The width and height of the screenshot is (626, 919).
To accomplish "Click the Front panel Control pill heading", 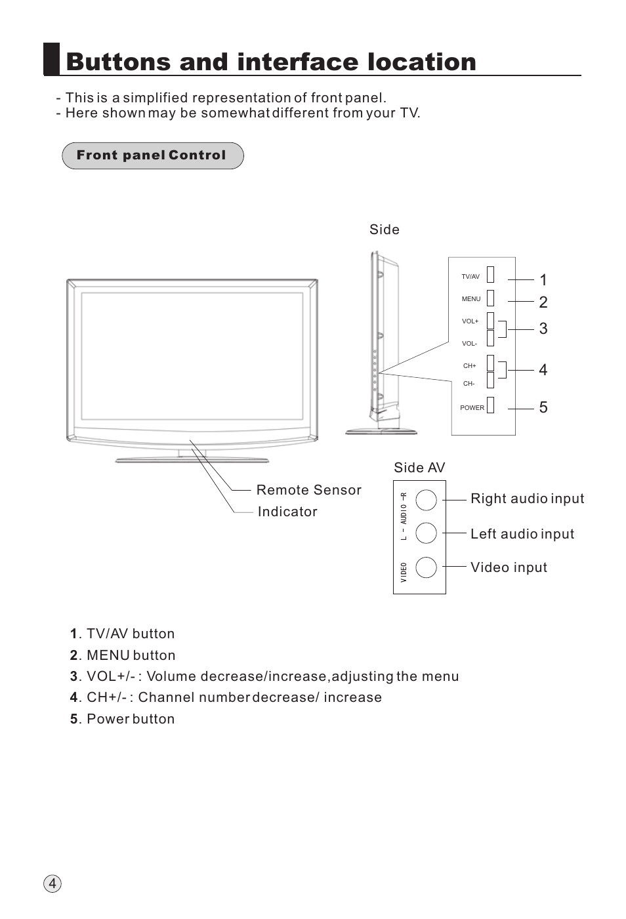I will pos(152,155).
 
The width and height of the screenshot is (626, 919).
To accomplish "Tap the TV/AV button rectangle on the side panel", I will pos(490,274).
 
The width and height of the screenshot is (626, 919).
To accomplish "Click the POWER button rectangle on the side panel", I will pos(490,405).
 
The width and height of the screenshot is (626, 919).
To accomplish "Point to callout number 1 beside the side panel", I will pos(543,280).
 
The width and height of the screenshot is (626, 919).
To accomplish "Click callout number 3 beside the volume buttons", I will pos(543,329).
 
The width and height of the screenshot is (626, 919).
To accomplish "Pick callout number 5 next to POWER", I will pos(543,407).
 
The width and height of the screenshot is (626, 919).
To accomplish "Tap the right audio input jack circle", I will pos(426,500).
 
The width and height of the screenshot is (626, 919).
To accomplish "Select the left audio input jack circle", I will pos(426,533).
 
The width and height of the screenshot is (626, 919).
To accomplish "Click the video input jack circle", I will pos(426,567).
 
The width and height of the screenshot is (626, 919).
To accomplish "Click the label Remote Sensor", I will pos(308,490).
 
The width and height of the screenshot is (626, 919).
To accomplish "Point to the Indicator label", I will pos(287,512).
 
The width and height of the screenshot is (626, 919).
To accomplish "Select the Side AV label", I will pos(419,468).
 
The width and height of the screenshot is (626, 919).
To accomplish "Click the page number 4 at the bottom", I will pos(52,884).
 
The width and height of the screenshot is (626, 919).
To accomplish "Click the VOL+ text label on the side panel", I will pos(470,321).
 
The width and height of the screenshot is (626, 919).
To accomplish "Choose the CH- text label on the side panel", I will pos(469,384).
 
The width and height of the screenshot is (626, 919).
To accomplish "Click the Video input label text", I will pos(509,567).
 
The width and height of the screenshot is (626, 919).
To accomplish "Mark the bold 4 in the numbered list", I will pos(73,697).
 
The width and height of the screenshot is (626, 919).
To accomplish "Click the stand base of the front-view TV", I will pos(192,460).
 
